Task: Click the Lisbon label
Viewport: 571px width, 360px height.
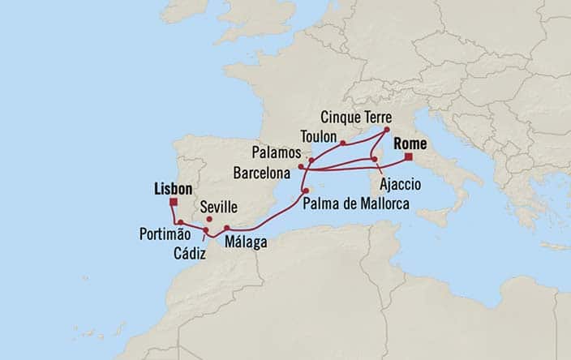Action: (172, 189)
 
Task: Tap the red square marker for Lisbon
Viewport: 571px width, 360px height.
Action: (174, 204)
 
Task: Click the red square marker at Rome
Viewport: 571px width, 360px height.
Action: (409, 156)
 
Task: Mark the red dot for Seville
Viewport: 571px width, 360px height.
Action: (209, 219)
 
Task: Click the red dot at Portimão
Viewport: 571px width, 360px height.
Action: (179, 221)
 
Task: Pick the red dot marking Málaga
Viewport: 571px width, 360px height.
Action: (227, 228)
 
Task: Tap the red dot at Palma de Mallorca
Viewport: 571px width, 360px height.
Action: (305, 191)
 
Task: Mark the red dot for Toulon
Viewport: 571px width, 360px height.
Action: (343, 143)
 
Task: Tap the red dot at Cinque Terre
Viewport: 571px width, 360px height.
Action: (386, 130)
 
